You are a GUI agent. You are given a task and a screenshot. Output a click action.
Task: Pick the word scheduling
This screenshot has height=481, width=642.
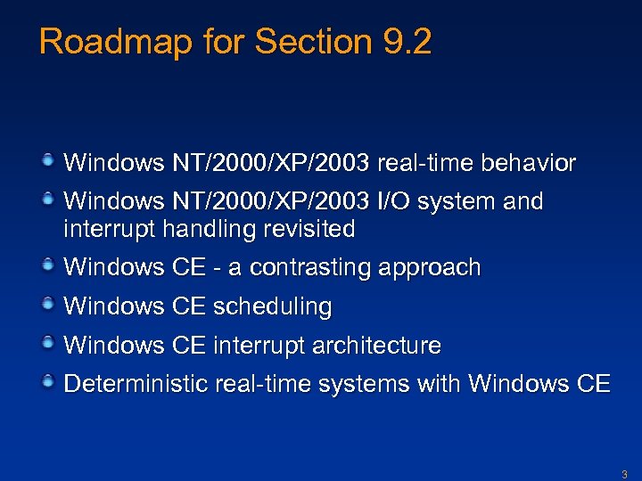pos(272,307)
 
